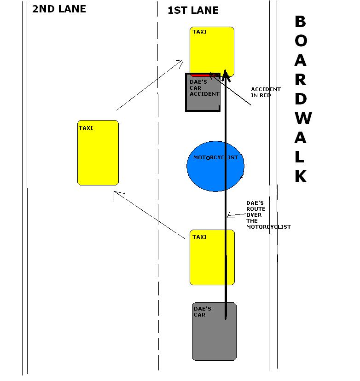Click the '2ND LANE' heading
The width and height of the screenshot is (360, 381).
coord(59,9)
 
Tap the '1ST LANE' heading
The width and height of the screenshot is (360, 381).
coord(193,11)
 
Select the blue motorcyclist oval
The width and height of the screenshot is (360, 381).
coord(215,166)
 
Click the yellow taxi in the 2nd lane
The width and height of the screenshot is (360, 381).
coord(98,153)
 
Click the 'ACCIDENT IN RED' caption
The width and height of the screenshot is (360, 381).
coord(266,92)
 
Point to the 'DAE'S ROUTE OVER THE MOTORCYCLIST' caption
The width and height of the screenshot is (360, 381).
coord(268,215)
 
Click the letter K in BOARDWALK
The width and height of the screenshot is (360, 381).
coord(301,176)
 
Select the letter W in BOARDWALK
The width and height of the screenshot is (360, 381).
coord(303,118)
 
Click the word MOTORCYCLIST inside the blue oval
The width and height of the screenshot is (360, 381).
coord(215,157)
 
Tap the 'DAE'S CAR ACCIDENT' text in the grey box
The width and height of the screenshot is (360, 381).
coord(204,88)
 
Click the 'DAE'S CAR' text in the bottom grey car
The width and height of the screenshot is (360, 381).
coord(202,312)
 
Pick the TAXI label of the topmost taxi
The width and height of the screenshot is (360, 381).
coord(200,32)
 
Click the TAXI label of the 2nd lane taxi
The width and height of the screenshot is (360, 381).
coord(86,128)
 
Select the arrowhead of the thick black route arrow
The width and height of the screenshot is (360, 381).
coord(225,75)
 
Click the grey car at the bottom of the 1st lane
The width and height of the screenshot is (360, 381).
coord(214,331)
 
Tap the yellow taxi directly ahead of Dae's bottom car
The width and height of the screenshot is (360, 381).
coord(212,257)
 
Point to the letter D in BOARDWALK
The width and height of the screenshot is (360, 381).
coord(301,99)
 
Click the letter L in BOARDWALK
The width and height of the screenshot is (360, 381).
coord(300,157)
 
